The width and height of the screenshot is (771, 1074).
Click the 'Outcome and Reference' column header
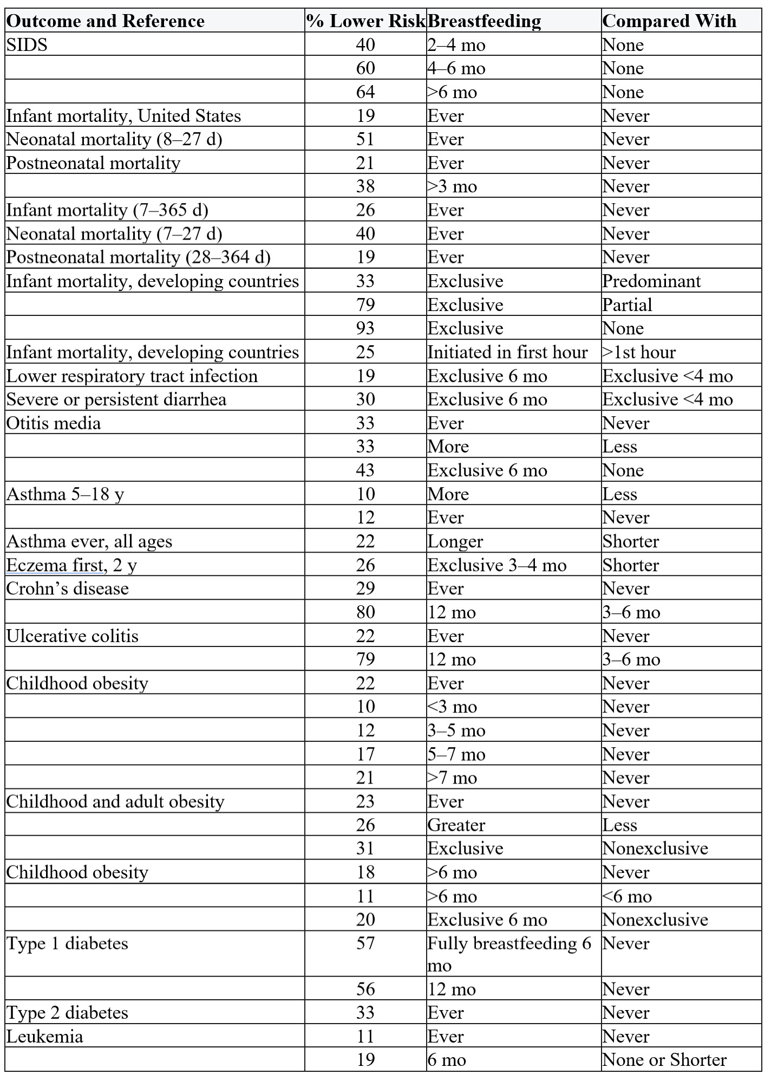point(106,21)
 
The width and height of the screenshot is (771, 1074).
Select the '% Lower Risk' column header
point(366,21)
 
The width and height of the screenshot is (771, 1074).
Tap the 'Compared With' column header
point(669,21)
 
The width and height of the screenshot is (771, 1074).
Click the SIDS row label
point(27,44)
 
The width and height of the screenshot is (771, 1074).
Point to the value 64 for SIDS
point(365,92)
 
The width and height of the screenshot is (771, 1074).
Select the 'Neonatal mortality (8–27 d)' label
point(114,139)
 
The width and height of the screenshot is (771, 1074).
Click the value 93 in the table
point(365,328)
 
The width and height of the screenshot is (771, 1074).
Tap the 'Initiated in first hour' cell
point(507,352)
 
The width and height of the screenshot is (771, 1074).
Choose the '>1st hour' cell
point(639,352)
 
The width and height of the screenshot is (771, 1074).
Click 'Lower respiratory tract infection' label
point(132,376)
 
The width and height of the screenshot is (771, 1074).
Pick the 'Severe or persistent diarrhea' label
point(116,399)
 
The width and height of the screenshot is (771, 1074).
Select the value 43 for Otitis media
point(365,470)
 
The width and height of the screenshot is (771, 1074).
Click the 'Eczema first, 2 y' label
point(71,565)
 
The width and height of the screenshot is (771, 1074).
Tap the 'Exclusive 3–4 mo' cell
point(497,565)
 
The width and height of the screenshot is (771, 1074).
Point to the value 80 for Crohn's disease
point(365,612)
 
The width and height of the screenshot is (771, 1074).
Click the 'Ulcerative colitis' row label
point(73,636)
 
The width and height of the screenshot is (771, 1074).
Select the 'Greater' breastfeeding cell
point(456,825)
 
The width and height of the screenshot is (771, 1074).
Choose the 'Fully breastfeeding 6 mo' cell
point(509,954)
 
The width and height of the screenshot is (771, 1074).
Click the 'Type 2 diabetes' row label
point(67,1013)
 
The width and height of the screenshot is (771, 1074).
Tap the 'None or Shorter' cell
point(664,1060)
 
